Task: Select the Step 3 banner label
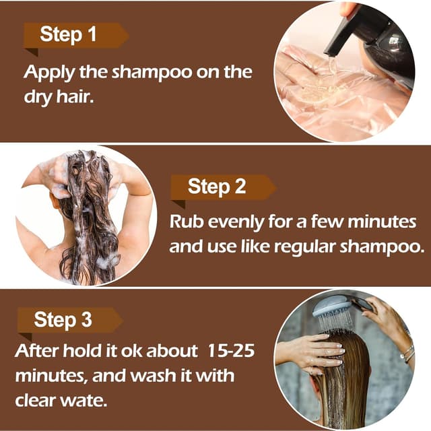point(63,320)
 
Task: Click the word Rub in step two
point(186,222)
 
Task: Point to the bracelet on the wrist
point(407,353)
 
